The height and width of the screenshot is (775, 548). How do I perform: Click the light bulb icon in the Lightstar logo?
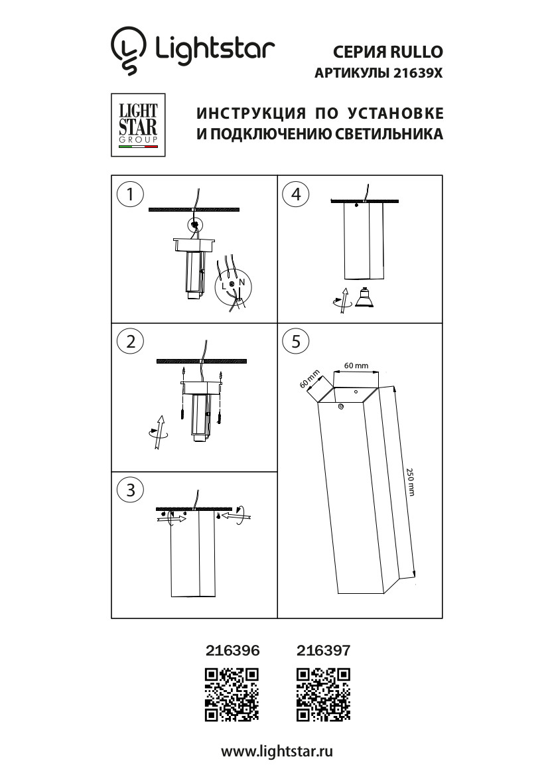pyautogui.click(x=127, y=50)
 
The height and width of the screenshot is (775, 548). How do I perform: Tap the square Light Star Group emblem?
pyautogui.click(x=138, y=125)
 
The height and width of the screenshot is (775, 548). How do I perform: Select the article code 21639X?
pyautogui.click(x=417, y=74)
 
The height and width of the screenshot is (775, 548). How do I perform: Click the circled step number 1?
pyautogui.click(x=130, y=194)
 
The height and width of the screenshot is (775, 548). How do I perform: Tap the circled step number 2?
pyautogui.click(x=130, y=342)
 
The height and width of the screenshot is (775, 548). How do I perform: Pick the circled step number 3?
pyautogui.click(x=130, y=490)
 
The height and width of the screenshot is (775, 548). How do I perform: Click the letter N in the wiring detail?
pyautogui.click(x=241, y=283)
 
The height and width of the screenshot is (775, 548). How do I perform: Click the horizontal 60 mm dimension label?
pyautogui.click(x=356, y=366)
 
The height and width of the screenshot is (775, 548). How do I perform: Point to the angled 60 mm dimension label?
pyautogui.click(x=309, y=379)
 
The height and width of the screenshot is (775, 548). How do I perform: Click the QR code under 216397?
pyautogui.click(x=323, y=694)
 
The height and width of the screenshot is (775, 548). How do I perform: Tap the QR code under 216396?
pyautogui.click(x=232, y=694)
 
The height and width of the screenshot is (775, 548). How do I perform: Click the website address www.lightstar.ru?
pyautogui.click(x=277, y=751)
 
